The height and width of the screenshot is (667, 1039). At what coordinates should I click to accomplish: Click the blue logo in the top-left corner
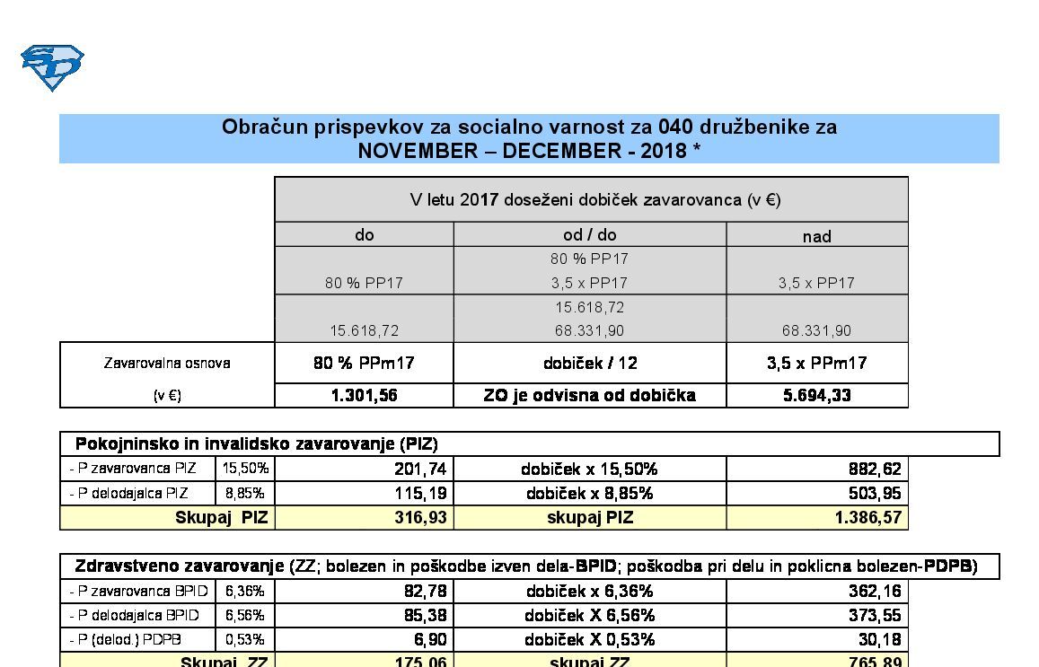click(52, 67)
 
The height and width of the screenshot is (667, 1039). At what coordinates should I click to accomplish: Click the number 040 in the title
click(675, 127)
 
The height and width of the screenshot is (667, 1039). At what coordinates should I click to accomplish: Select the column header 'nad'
click(816, 236)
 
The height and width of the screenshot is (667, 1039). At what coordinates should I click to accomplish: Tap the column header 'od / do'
click(589, 235)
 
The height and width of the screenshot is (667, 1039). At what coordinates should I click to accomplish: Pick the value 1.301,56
click(364, 395)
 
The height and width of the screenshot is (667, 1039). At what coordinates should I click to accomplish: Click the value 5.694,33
click(816, 395)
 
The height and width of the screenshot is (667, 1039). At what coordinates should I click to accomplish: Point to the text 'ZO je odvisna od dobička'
click(589, 395)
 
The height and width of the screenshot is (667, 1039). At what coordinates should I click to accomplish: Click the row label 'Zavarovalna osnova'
click(167, 364)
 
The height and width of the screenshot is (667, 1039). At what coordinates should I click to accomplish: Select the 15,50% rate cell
click(245, 469)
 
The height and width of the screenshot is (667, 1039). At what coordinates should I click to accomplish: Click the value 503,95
click(875, 493)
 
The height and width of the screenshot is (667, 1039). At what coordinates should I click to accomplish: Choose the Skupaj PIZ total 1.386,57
click(867, 517)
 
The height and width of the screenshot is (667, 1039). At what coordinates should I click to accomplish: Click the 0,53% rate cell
click(245, 639)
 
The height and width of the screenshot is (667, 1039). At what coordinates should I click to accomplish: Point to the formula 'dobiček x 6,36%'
click(589, 591)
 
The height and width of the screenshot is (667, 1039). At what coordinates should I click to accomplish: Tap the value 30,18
click(880, 639)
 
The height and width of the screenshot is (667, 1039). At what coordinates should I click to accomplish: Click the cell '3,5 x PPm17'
click(816, 364)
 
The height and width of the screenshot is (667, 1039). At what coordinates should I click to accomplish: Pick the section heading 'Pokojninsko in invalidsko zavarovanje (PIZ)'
click(256, 443)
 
